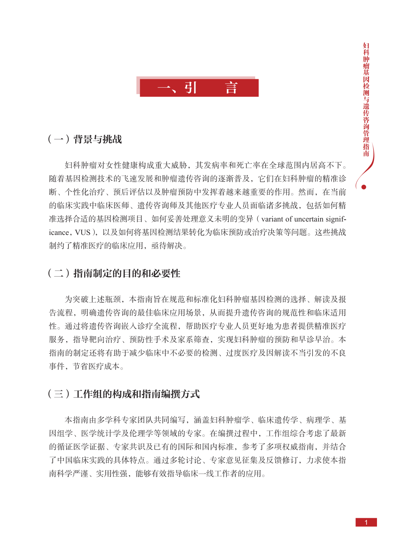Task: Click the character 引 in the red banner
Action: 191,88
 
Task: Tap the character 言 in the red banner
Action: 231,88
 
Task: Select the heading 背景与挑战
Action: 98,139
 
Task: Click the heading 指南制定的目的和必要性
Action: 127,273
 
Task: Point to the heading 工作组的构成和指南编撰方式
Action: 136,394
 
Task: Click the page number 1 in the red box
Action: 366,522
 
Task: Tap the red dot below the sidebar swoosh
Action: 364,187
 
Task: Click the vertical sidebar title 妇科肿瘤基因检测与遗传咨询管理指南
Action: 366,100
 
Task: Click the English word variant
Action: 272,219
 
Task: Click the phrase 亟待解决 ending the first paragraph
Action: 167,246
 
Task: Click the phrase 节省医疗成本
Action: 96,367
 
